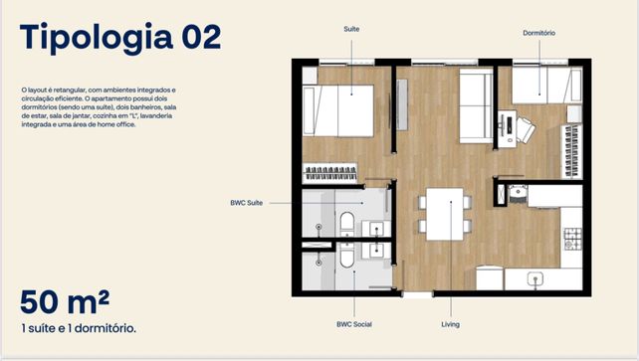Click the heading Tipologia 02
click(x=120, y=38)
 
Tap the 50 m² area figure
click(x=65, y=302)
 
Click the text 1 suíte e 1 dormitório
click(x=79, y=328)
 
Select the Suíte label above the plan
click(x=351, y=29)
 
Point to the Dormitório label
click(x=538, y=33)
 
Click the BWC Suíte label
click(x=247, y=203)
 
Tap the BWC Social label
click(x=354, y=324)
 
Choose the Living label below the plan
click(x=450, y=324)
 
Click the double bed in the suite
click(x=338, y=110)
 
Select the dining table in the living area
click(x=445, y=214)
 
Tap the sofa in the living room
click(x=476, y=105)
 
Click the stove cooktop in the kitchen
click(x=572, y=239)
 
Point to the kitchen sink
click(x=535, y=278)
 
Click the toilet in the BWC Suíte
click(x=347, y=224)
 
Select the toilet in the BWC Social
click(x=347, y=256)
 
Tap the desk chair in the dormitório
click(x=526, y=129)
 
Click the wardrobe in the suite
click(x=330, y=173)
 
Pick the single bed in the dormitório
click(x=546, y=86)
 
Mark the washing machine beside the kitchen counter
click(x=518, y=195)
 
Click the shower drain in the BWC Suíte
click(x=319, y=227)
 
